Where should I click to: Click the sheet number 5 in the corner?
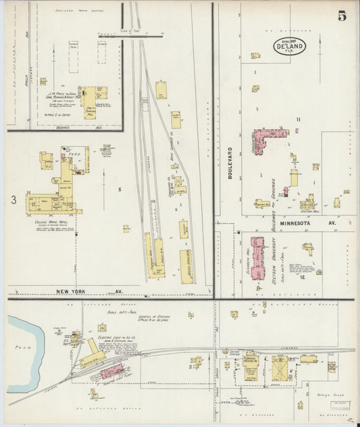342,16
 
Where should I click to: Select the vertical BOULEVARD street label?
230,163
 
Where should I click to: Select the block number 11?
297,120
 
